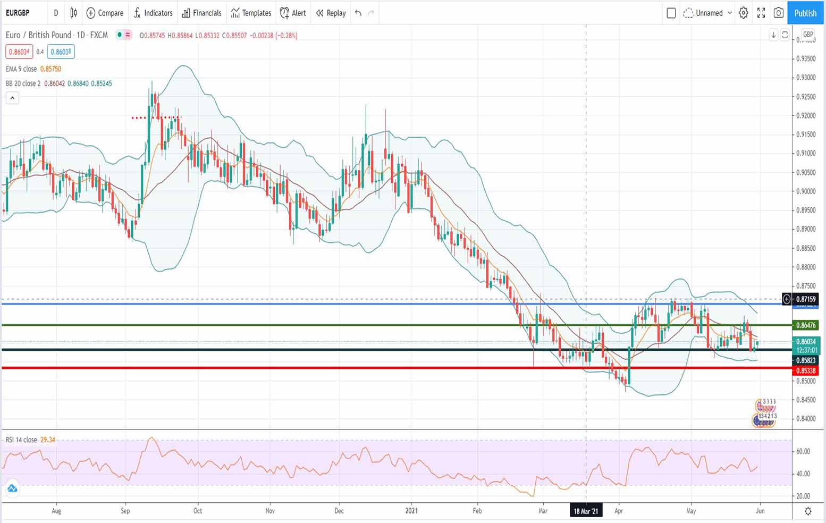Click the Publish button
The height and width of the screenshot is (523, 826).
805,13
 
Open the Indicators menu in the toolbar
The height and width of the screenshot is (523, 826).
153,13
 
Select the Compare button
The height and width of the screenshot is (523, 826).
105,13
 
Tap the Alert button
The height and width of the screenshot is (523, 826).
293,13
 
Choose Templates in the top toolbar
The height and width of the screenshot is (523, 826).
251,13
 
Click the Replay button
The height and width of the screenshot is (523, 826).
331,13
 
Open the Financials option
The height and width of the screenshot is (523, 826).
201,13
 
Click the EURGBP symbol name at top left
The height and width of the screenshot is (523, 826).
18,13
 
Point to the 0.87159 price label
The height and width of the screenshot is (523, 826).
805,299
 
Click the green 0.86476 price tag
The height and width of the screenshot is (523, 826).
805,325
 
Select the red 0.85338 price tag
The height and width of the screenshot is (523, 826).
805,370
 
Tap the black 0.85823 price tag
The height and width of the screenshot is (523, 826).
805,360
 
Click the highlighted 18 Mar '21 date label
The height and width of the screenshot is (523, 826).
586,511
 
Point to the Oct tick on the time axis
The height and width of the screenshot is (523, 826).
198,511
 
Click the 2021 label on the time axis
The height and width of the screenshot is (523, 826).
411,511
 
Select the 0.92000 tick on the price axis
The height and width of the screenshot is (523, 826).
805,116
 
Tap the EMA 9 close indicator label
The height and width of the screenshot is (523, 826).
21,69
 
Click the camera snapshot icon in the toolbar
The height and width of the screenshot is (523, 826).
779,13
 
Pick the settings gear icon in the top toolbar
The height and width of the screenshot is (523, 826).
744,13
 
